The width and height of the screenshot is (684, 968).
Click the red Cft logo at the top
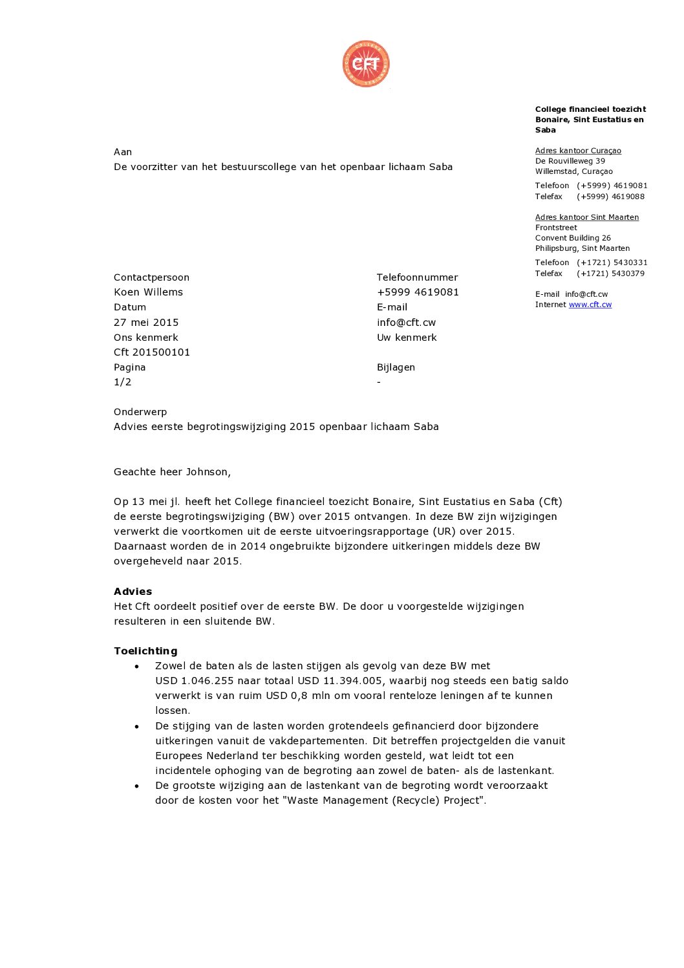pos(366,64)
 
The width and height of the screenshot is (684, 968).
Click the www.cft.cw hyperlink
pos(590,305)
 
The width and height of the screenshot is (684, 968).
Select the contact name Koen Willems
pos(148,292)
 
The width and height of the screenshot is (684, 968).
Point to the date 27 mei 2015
pos(146,323)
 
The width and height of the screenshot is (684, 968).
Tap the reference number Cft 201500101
pos(152,352)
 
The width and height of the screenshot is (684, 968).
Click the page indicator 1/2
pos(122,382)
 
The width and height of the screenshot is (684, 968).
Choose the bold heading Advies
pos(133,592)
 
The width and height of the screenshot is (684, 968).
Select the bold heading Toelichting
pos(145,651)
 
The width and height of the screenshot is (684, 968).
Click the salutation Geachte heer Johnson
pos(172,472)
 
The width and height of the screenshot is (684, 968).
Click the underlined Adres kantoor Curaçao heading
pos(578,151)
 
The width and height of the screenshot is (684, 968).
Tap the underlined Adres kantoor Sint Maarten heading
pos(586,217)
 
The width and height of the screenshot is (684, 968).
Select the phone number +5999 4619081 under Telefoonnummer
pos(418,292)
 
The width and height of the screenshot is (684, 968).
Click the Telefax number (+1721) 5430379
pos(610,274)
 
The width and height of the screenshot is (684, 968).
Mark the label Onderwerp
pos(140,412)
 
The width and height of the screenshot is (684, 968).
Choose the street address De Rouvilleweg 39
pos(570,161)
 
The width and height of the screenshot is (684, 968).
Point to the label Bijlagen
pos(396,367)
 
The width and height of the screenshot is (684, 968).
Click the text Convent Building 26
pos(573,238)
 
